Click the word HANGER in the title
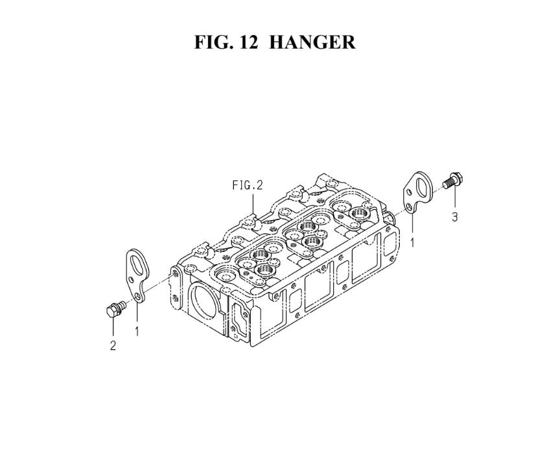312,42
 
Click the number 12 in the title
249,42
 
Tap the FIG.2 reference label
248,185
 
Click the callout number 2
113,345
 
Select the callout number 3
455,217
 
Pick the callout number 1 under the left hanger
137,331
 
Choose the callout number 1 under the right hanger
412,243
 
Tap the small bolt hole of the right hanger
409,207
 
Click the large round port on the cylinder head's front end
204,301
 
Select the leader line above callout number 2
113,328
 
